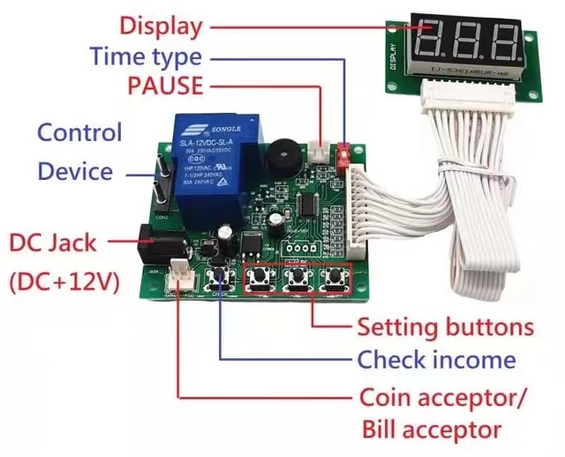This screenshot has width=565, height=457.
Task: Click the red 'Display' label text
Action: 160,26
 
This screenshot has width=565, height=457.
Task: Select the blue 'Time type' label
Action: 146,57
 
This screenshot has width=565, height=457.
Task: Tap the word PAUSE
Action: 164,86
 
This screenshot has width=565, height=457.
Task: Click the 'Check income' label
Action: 436,360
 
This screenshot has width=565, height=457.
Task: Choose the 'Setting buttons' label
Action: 445,327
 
